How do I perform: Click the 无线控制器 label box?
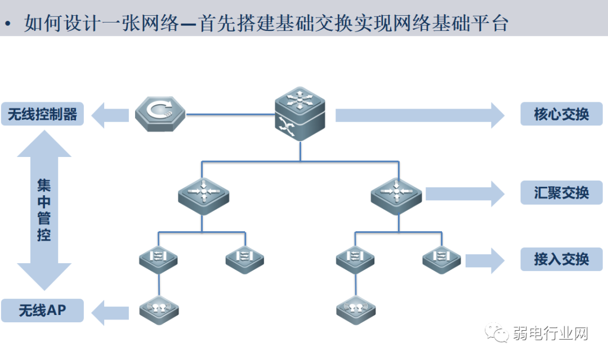click(42, 114)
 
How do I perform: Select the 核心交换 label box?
click(561, 114)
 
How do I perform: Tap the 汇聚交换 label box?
click(561, 193)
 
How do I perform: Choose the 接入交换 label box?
click(561, 259)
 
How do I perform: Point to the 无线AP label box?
click(42, 310)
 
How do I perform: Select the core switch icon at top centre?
click(300, 116)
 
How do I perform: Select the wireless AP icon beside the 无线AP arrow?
click(159, 309)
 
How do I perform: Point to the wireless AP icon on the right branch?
click(356, 309)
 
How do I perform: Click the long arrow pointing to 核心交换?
click(419, 115)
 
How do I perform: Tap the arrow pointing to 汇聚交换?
click(464, 193)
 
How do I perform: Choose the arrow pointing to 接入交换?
click(486, 260)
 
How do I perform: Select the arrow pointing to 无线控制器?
click(110, 115)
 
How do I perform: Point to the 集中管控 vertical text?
click(44, 210)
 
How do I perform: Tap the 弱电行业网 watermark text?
click(550, 334)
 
